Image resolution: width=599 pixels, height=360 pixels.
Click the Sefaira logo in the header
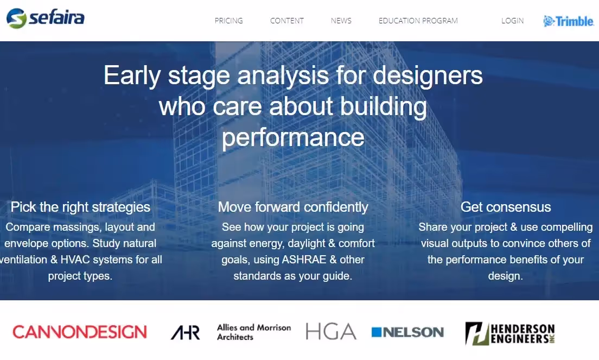pos(46,18)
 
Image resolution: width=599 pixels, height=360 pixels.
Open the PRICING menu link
pos(228,21)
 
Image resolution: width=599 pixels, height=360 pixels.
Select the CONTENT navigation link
pos(287,21)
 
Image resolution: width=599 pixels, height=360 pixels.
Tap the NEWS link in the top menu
pos(341,21)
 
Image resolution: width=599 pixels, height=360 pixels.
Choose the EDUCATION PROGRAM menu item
pos(418,21)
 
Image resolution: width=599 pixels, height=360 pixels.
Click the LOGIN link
pos(512,21)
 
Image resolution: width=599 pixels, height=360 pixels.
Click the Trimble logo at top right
pos(569,21)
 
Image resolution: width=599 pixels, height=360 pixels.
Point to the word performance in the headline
pos(293,137)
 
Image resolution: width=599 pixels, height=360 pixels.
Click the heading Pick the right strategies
pos(80,207)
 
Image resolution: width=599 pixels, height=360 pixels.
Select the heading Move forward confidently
pos(293,207)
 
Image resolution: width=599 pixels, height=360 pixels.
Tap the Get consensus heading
pos(505,207)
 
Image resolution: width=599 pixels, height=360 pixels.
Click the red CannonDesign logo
pos(80,332)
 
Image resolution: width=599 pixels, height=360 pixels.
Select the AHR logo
pos(185,332)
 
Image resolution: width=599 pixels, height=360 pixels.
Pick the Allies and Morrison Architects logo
pos(253,332)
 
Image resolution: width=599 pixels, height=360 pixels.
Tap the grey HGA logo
pos(330,332)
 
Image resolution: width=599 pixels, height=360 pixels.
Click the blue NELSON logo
pos(407,332)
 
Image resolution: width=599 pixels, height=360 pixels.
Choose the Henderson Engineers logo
pos(509,333)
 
